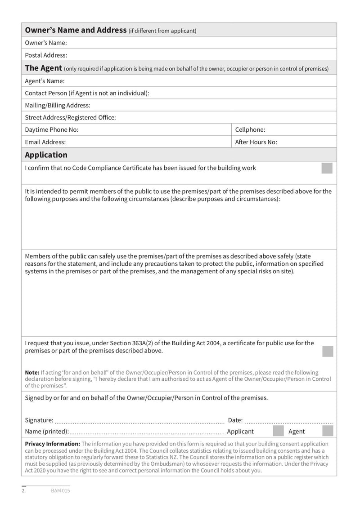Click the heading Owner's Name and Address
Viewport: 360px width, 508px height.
pos(76,30)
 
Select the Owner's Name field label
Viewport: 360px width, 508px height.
pos(46,43)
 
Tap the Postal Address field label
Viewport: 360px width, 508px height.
pos(46,55)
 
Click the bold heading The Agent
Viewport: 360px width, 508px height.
pos(43,68)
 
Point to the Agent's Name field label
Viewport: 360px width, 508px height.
pos(45,81)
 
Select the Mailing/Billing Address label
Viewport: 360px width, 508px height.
pos(58,105)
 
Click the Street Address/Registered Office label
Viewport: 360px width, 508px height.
pos(70,117)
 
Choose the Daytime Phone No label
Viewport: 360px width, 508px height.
pos(51,129)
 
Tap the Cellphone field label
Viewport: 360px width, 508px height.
pos(250,129)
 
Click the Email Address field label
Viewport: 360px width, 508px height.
pos(45,142)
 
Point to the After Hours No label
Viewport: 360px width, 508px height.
pos(256,142)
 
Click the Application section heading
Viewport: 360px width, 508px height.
pos(46,155)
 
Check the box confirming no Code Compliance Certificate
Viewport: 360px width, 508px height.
pos(327,168)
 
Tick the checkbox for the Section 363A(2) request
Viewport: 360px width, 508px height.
pos(328,351)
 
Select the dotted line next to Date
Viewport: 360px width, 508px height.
pos(289,422)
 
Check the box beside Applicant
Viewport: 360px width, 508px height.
pos(279,431)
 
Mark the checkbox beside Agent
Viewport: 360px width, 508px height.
pos(328,431)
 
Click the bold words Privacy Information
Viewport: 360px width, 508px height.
pos(52,444)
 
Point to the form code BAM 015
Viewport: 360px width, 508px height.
pos(60,490)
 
